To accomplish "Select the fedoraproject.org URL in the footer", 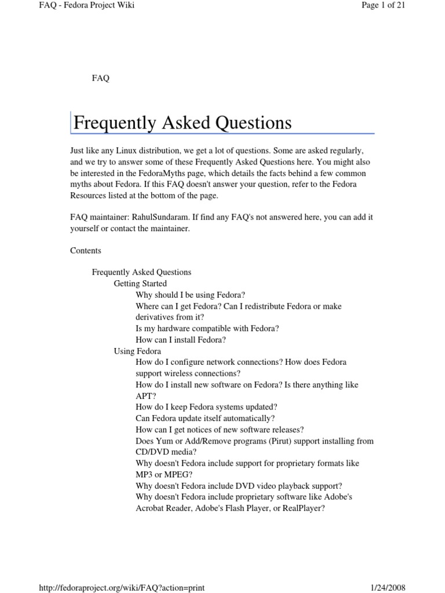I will coord(122,587).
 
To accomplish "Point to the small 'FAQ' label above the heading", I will coord(101,78).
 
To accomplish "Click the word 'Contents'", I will coord(86,251).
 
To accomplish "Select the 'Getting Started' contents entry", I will coord(140,284).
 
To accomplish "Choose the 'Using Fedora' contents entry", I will coord(137,351).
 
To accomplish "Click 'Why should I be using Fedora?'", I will coord(191,295).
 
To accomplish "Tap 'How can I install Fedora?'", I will coord(181,340).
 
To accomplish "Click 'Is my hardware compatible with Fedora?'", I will coord(207,328).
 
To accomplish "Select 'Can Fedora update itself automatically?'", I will coord(205,418).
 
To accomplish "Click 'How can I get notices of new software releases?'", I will coord(220,430).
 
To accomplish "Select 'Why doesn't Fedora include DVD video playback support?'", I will coord(239,486).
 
